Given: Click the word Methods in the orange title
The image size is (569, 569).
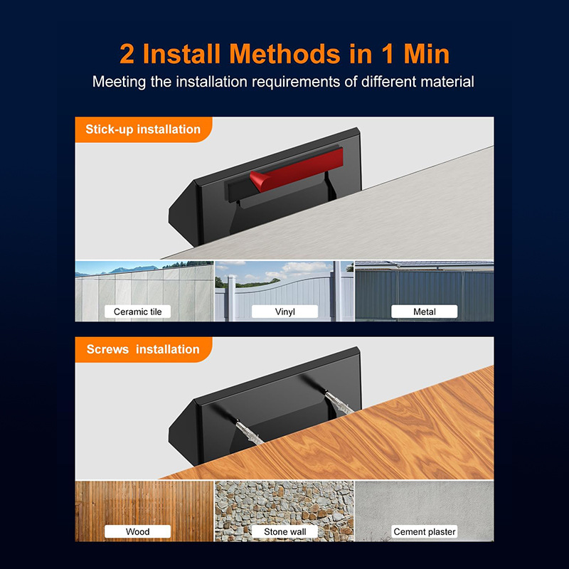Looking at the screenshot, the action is pyautogui.click(x=285, y=54).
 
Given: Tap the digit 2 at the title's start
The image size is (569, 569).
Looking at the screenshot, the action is pyautogui.click(x=127, y=54).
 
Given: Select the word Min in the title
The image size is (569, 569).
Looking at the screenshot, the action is pyautogui.click(x=426, y=54).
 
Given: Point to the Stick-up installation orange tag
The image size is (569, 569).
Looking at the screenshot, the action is pyautogui.click(x=144, y=129).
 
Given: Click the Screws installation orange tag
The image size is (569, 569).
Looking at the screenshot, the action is pyautogui.click(x=144, y=349).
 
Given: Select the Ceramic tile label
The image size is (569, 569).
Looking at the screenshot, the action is pyautogui.click(x=137, y=312).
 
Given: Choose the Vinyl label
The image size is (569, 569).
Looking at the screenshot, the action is pyautogui.click(x=285, y=312).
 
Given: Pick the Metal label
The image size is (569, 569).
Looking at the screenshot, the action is pyautogui.click(x=424, y=312).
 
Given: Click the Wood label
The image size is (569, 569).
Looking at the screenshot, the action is pyautogui.click(x=137, y=531).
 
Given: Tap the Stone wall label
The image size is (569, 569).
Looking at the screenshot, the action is pyautogui.click(x=285, y=531).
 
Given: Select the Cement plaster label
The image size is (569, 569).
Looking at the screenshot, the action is pyautogui.click(x=424, y=531).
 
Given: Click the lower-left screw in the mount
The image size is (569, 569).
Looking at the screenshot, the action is pyautogui.click(x=250, y=432).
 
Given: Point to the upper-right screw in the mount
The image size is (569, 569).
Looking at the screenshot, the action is pyautogui.click(x=339, y=403).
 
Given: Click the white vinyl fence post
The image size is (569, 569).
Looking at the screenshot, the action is pyautogui.click(x=232, y=298).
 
